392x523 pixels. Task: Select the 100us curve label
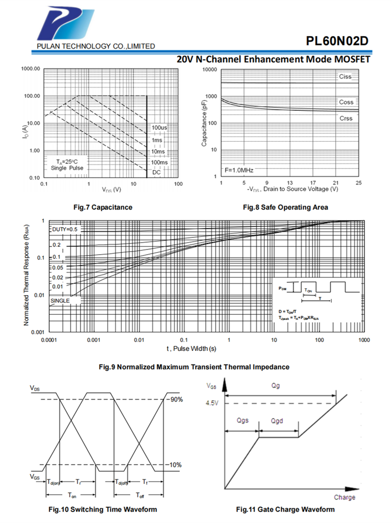point(160,128)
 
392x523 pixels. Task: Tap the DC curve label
point(156,172)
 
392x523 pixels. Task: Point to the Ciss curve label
point(345,77)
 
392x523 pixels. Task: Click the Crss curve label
point(346,118)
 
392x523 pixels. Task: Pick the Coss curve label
point(346,102)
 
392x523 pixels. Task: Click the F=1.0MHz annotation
point(239,170)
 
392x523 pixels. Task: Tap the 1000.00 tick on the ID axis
point(31,69)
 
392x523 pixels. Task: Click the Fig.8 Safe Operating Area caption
point(286,207)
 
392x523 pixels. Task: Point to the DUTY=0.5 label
point(65,230)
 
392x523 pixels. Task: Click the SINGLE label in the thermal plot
point(61,301)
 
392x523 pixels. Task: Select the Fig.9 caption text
point(194,367)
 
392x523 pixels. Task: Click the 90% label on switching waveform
point(176,400)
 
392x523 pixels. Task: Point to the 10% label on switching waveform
point(176,465)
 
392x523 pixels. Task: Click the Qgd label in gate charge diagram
point(278,420)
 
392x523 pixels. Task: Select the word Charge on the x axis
point(344,497)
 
